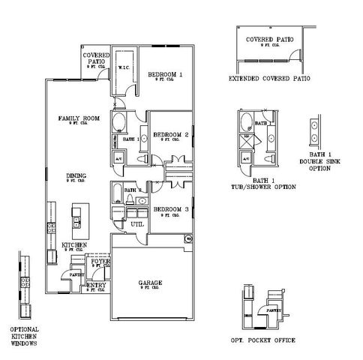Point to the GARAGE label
pyautogui.click(x=150, y=283)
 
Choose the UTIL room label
pyautogui.click(x=136, y=223)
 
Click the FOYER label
pyautogui.click(x=100, y=261)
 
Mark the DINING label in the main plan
pyautogui.click(x=75, y=175)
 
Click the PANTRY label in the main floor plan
pyautogui.click(x=77, y=275)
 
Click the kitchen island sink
pyautogui.click(x=76, y=220)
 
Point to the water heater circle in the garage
pyautogui.click(x=187, y=239)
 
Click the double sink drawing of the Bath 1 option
pyautogui.click(x=314, y=133)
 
